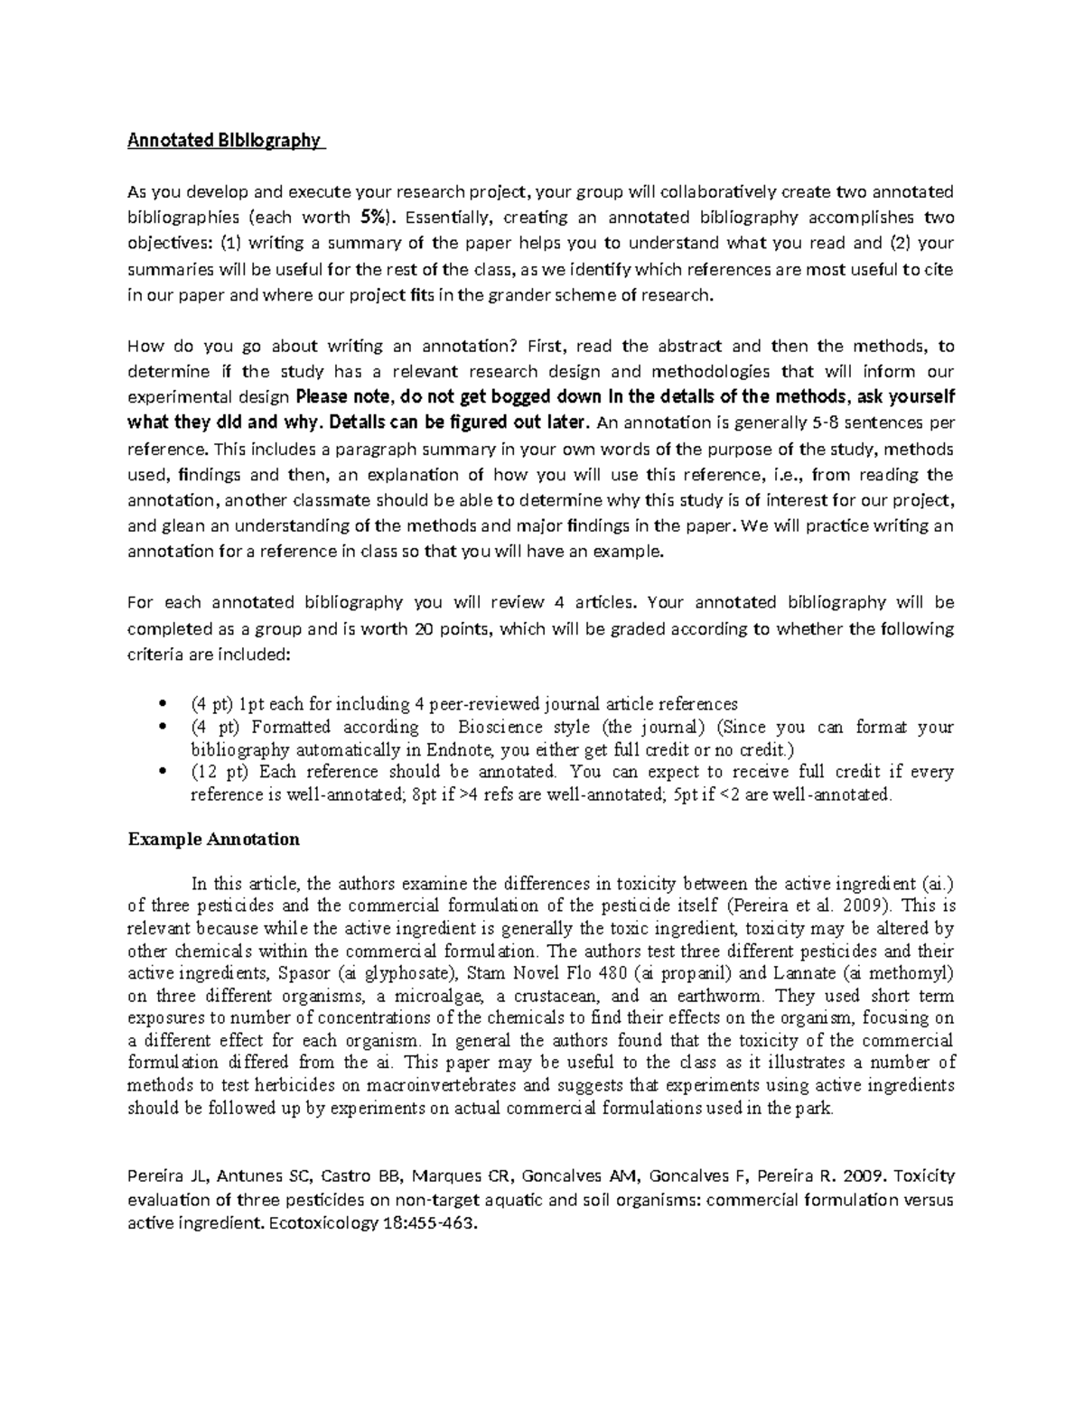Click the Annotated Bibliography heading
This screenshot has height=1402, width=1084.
tap(224, 140)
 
